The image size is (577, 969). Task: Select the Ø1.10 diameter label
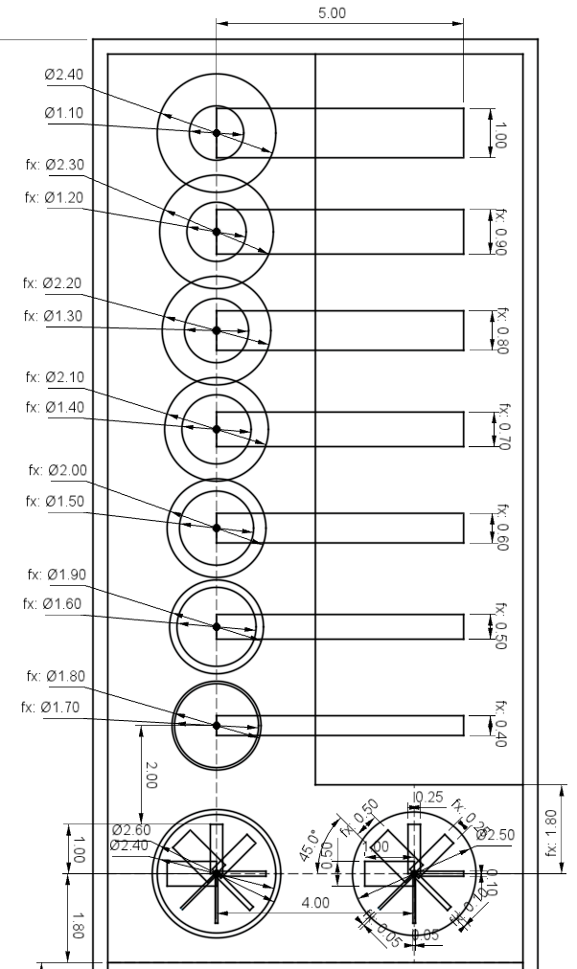point(64,112)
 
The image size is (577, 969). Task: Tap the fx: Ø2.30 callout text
point(56,164)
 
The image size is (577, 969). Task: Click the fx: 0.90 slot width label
point(500,232)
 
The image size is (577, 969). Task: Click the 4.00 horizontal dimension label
point(316,902)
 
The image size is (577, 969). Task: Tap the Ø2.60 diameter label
point(131,829)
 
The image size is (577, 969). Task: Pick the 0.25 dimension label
point(428,797)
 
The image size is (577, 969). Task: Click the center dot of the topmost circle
point(217,133)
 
